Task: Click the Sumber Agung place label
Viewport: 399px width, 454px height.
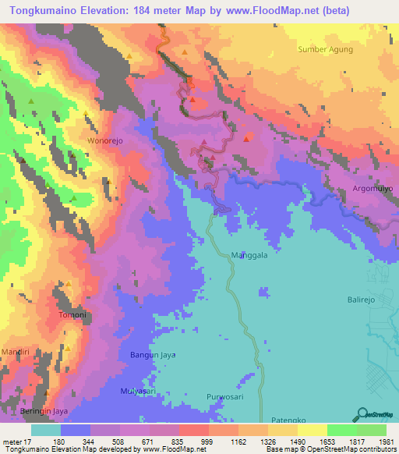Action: [x=325, y=49]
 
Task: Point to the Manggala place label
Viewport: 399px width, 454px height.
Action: [x=249, y=255]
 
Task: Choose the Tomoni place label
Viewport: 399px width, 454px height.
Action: [x=72, y=314]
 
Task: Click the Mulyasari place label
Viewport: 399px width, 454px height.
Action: [x=139, y=390]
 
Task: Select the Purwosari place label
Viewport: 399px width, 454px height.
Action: [x=226, y=397]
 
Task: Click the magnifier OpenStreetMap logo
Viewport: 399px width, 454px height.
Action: [x=362, y=414]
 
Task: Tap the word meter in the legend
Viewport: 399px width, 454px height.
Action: [x=13, y=441]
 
